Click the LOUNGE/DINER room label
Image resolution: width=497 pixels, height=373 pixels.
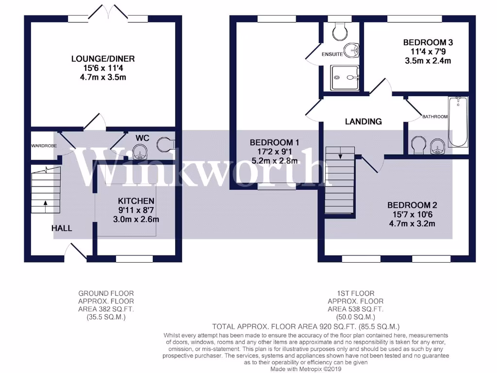pos(103,59)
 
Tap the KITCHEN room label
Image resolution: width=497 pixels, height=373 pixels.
pos(136,201)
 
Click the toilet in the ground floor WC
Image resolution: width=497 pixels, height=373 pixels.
pos(166,144)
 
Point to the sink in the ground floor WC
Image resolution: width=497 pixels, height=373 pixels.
pos(141,151)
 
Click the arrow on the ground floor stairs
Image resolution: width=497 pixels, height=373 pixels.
pos(45,204)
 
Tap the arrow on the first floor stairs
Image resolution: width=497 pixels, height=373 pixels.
pos(340,156)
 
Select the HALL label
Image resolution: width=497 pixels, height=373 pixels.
pos(62,228)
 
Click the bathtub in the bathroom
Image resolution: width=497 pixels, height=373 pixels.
pos(458,121)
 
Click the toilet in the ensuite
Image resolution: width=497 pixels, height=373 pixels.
pos(339,31)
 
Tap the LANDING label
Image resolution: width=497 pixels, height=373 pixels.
pos(364,121)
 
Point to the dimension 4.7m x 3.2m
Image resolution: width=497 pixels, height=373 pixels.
pos(412,224)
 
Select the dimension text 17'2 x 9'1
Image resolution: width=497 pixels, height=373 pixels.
pos(274,152)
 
